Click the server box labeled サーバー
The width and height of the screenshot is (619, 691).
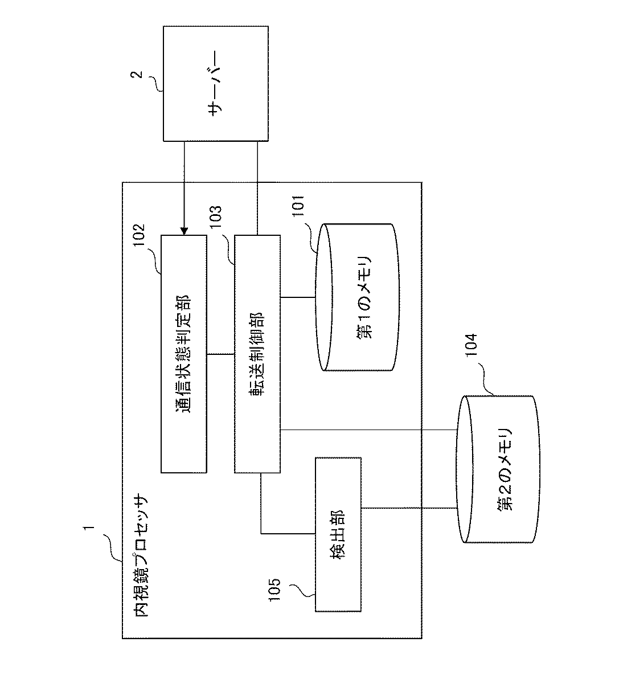(216, 84)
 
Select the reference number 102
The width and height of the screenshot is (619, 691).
(139, 235)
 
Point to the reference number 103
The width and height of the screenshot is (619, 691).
(215, 218)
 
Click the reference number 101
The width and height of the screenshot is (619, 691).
(297, 206)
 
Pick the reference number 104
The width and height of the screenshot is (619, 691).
(472, 345)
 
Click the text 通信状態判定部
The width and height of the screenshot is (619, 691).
(183, 354)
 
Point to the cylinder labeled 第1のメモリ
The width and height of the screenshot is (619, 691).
(357, 297)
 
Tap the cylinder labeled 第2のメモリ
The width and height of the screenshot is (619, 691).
(498, 469)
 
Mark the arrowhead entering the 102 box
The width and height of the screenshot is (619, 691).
(184, 231)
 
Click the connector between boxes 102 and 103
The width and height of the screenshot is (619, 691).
(220, 354)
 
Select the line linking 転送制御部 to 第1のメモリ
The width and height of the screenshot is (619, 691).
(298, 297)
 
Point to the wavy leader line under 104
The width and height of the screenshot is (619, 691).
(486, 380)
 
